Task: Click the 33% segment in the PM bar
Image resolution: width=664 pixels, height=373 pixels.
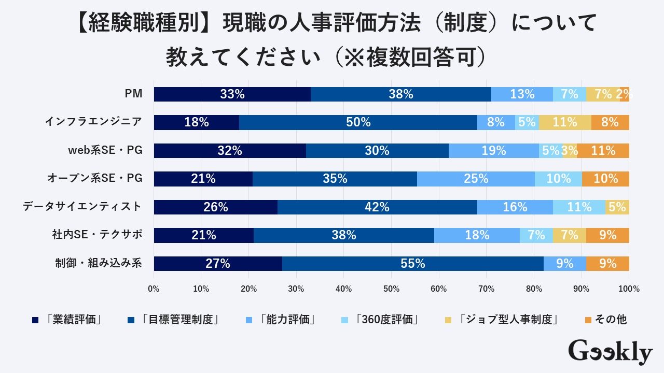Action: [232, 94]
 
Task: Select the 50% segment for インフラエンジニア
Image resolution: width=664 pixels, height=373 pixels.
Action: [358, 122]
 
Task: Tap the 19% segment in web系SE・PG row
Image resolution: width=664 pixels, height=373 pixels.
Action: [494, 151]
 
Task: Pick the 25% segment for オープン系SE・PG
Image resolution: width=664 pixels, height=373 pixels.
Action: [476, 179]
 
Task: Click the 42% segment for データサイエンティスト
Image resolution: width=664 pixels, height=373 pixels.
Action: [377, 207]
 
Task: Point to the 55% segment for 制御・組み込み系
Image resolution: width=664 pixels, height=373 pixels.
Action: [412, 264]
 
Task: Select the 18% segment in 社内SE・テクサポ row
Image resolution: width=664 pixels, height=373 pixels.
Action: [477, 235]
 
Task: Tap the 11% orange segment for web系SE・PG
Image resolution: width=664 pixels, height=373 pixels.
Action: [603, 151]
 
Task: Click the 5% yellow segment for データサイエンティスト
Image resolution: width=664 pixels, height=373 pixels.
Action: [617, 207]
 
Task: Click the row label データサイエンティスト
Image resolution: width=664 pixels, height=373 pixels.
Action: [82, 207]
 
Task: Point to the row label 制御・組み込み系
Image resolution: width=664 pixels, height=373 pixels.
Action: [99, 263]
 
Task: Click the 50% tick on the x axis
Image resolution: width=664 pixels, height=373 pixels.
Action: [391, 289]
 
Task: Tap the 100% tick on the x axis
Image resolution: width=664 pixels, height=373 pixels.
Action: [629, 289]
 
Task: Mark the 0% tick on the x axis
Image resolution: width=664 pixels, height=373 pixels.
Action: [154, 289]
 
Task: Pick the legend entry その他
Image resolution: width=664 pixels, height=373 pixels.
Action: [611, 320]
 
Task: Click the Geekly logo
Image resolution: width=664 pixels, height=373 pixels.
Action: [610, 352]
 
